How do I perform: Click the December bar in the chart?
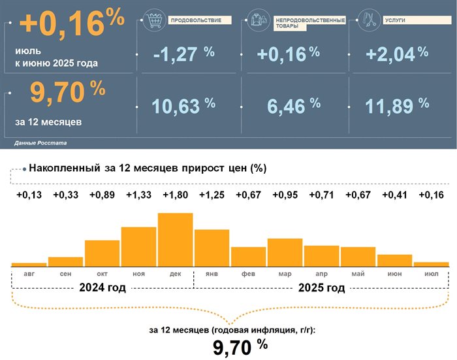[x=175, y=239]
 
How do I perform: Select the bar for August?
[x=29, y=264]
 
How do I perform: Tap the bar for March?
[x=285, y=252]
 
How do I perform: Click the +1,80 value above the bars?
[x=175, y=195]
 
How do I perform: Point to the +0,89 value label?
[x=102, y=195]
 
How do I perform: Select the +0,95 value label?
[x=285, y=195]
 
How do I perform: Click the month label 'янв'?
[x=212, y=273]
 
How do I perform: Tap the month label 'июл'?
[x=431, y=273]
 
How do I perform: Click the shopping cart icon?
[x=154, y=21]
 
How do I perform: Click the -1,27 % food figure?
[x=183, y=54]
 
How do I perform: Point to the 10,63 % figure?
[x=183, y=105]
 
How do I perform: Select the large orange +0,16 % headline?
[x=72, y=24]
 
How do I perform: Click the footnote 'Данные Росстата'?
[x=40, y=142]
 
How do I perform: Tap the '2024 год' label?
[x=102, y=288]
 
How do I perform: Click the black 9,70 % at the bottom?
[x=240, y=347]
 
